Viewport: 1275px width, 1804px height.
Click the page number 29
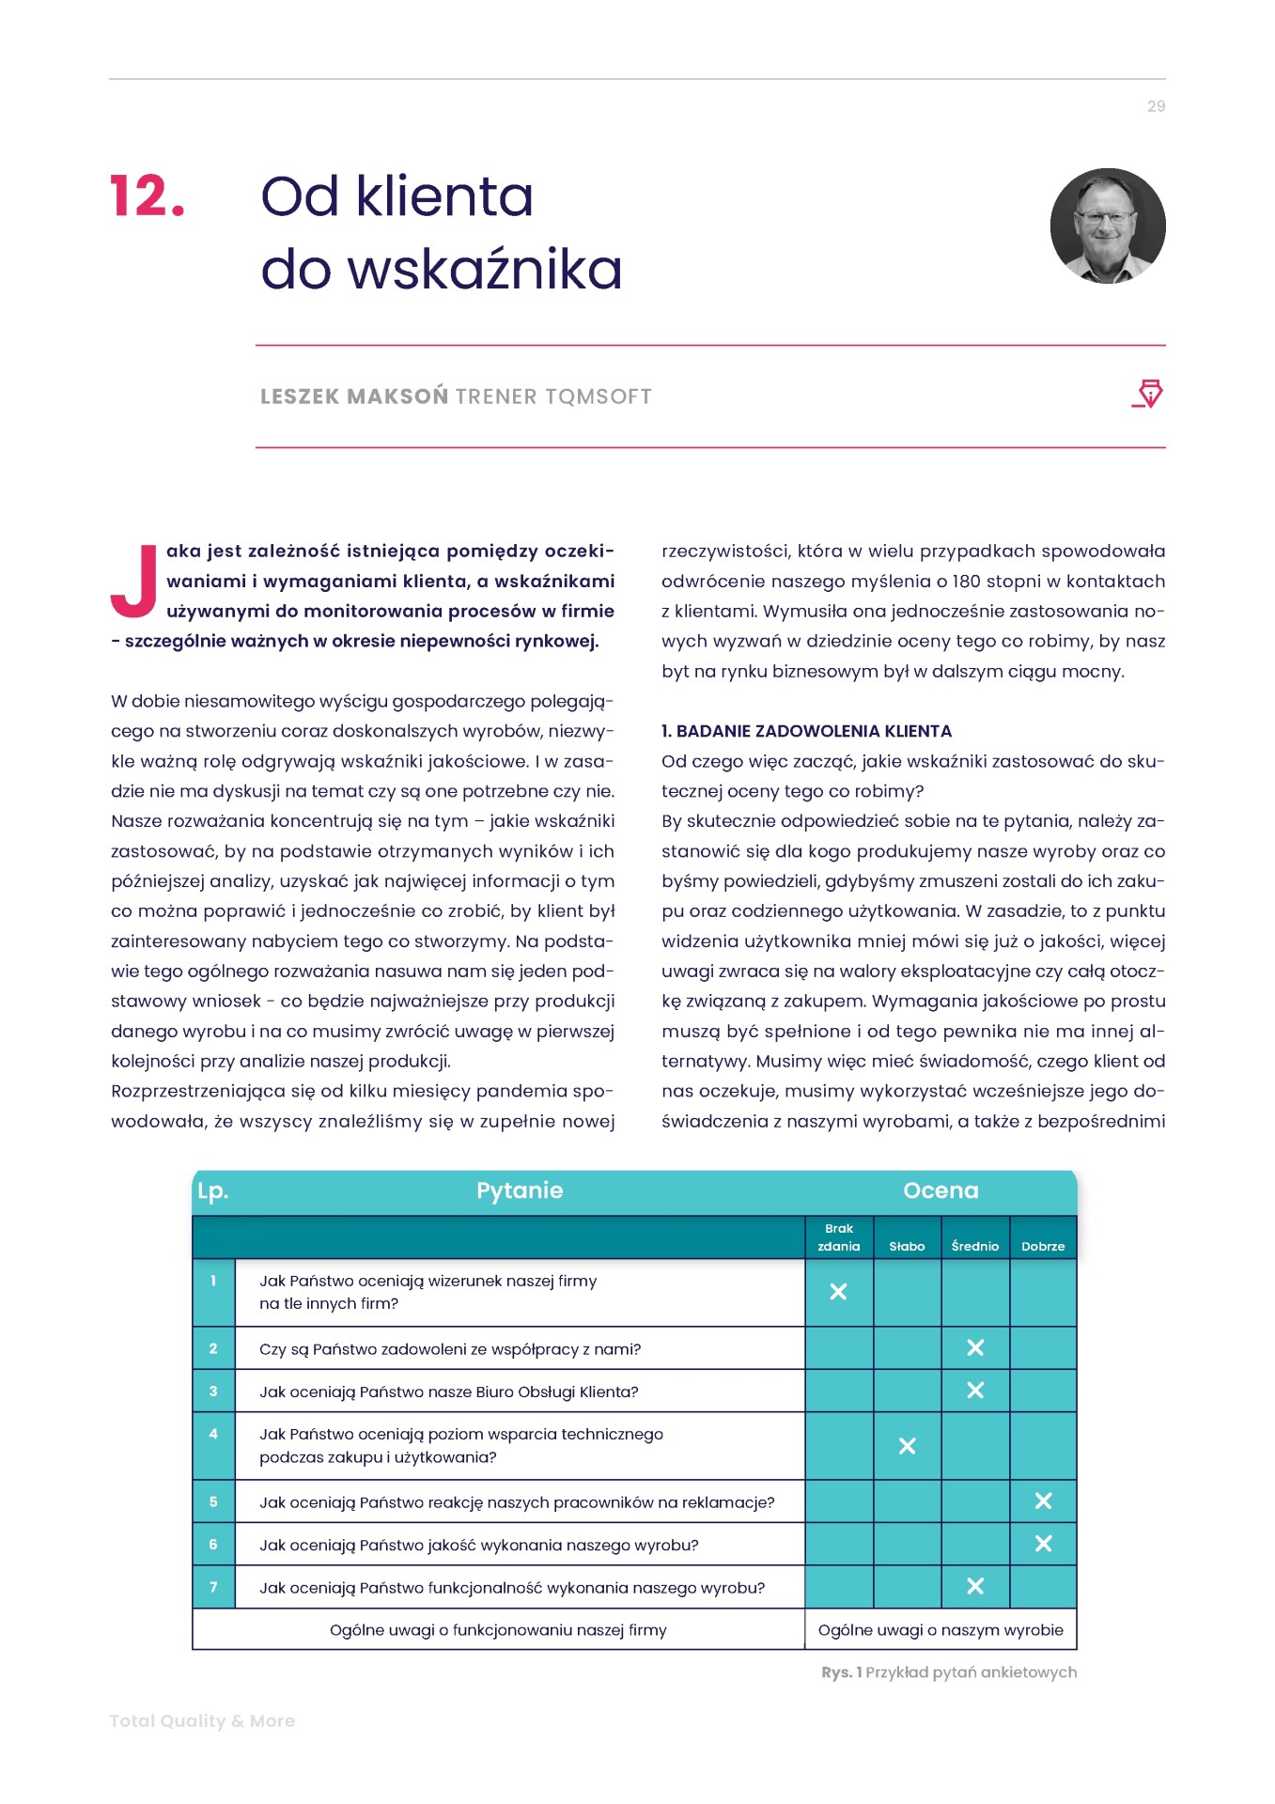pyautogui.click(x=1156, y=106)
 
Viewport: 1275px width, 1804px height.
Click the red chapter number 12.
pyautogui.click(x=147, y=196)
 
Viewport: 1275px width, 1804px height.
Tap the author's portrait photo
pyautogui.click(x=1108, y=225)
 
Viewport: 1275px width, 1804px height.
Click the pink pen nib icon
pyautogui.click(x=1148, y=394)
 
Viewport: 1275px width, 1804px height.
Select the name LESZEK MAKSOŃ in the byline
pyautogui.click(x=353, y=397)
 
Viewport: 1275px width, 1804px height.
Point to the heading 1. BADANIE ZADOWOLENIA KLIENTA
pyautogui.click(x=806, y=731)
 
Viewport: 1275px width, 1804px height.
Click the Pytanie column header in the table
pyautogui.click(x=520, y=1190)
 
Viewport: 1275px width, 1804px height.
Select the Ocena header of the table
pyautogui.click(x=941, y=1190)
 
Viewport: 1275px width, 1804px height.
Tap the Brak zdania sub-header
pyautogui.click(x=838, y=1237)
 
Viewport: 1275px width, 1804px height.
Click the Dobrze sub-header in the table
pyautogui.click(x=1043, y=1246)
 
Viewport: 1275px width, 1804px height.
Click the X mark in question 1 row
pyautogui.click(x=838, y=1292)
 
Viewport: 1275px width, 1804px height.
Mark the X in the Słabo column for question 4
pyautogui.click(x=907, y=1446)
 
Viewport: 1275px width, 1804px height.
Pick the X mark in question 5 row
pyautogui.click(x=1043, y=1501)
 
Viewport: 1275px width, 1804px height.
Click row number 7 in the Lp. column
pyautogui.click(x=213, y=1587)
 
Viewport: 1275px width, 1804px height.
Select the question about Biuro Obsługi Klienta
pyautogui.click(x=448, y=1392)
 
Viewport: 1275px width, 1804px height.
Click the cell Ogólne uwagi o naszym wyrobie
pyautogui.click(x=941, y=1630)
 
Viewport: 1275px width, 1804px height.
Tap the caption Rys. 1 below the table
pyautogui.click(x=948, y=1672)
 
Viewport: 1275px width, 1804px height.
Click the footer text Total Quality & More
pyautogui.click(x=202, y=1720)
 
